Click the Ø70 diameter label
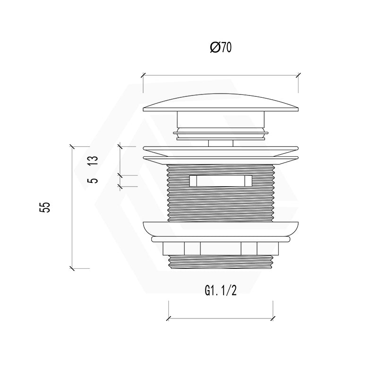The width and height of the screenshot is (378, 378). pos(221,47)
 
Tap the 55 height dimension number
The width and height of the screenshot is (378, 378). pos(45,207)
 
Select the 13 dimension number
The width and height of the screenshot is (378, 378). pos(93,160)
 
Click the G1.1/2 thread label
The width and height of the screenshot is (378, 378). pos(221,290)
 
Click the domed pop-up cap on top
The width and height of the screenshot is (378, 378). pos(221,103)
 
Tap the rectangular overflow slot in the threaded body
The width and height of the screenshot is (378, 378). pos(221,181)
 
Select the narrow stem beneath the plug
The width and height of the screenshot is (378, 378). pos(221,143)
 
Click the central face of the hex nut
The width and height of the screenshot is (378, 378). pos(221,249)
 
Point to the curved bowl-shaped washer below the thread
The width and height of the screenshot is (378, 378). pos(221,229)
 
